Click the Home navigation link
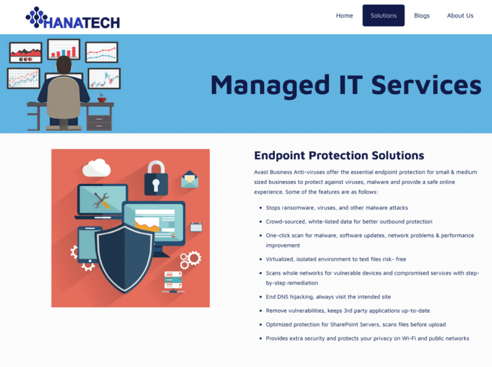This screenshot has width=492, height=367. pyautogui.click(x=344, y=15)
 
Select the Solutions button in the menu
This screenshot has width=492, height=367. pyautogui.click(x=384, y=15)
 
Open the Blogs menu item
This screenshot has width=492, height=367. pyautogui.click(x=422, y=15)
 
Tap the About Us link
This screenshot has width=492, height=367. pyautogui.click(x=460, y=15)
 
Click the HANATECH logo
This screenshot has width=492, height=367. pyautogui.click(x=73, y=18)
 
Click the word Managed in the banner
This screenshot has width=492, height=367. pyautogui.click(x=270, y=85)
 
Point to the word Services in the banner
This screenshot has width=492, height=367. pyautogui.click(x=426, y=85)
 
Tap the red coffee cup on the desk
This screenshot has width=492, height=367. pyautogui.click(x=102, y=99)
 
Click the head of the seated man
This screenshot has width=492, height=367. pyautogui.click(x=64, y=65)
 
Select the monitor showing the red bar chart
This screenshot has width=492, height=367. pyautogui.click(x=64, y=49)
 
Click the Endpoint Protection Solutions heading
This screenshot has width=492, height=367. pyautogui.click(x=339, y=155)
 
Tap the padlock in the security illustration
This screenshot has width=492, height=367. pyautogui.click(x=156, y=178)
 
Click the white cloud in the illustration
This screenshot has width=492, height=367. pyautogui.click(x=97, y=167)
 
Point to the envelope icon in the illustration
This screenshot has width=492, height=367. pyautogui.click(x=190, y=179)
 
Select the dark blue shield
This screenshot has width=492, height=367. pyautogui.click(x=124, y=258)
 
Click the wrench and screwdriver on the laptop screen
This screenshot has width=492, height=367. pyautogui.click(x=101, y=201)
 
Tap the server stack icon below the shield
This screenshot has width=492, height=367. pyautogui.click(x=173, y=282)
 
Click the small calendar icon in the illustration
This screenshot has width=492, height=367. pyautogui.click(x=196, y=227)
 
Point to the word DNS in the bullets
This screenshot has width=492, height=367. pyautogui.click(x=282, y=297)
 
